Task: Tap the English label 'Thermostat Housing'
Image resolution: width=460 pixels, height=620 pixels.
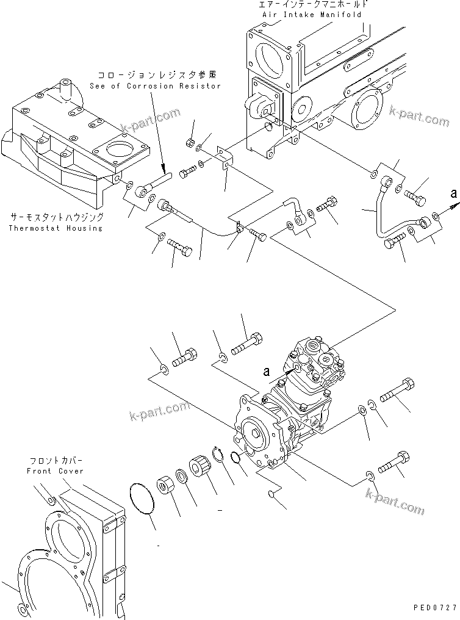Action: tap(56, 228)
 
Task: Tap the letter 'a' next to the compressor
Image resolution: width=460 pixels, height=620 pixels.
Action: tap(266, 371)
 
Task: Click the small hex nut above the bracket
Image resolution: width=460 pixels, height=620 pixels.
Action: tap(190, 143)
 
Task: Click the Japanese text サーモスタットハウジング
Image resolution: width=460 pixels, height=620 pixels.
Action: tap(56, 217)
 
